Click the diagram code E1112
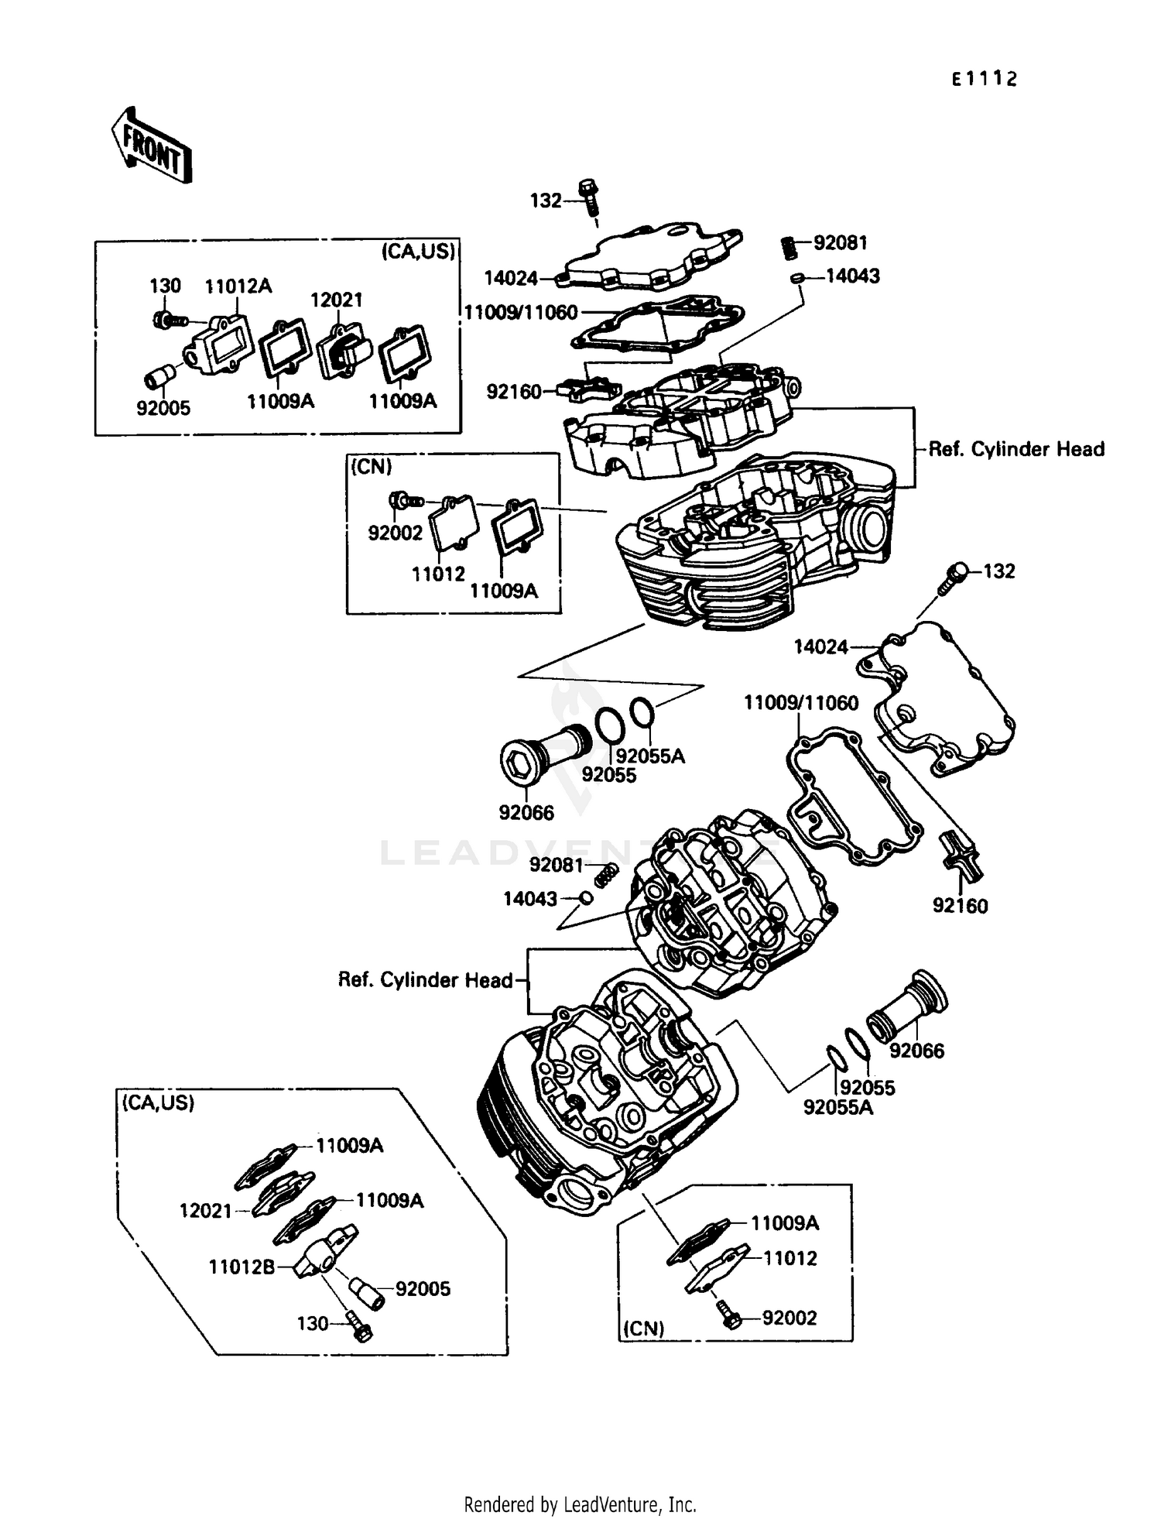click(984, 79)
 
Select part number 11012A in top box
click(238, 286)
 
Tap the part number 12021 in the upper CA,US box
click(336, 300)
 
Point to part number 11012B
click(241, 1267)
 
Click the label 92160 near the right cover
click(960, 905)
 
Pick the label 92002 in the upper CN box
click(395, 533)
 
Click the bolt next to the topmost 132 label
click(589, 197)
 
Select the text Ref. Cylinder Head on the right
click(1016, 449)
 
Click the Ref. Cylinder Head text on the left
click(425, 980)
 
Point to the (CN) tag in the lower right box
click(644, 1328)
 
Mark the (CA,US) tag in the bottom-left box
click(158, 1102)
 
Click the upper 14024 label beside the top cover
click(510, 278)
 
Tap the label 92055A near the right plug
click(837, 1107)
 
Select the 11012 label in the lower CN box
click(789, 1258)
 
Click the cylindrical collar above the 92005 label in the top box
click(159, 377)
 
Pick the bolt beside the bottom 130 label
click(360, 1326)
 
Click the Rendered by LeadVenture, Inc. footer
click(580, 1504)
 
